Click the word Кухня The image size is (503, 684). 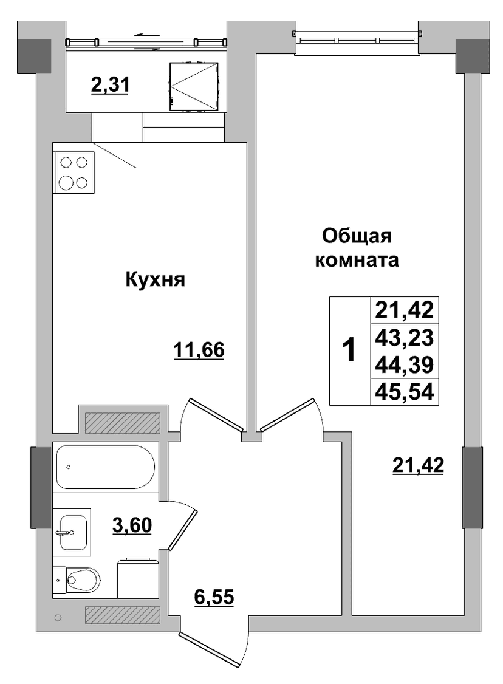tap(156, 279)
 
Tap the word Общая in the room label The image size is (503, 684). tap(357, 237)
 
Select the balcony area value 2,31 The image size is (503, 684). tap(110, 84)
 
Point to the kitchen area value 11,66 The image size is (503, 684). tap(199, 350)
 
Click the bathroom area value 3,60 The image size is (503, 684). tap(132, 525)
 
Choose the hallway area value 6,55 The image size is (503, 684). tap(214, 597)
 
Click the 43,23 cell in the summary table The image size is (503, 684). tap(405, 337)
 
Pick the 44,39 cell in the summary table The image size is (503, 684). tap(405, 364)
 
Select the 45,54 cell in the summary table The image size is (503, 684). tap(405, 391)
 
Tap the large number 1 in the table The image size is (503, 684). tap(349, 351)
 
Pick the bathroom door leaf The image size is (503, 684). tap(183, 529)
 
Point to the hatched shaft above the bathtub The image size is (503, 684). tap(123, 422)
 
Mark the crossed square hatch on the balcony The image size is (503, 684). tap(193, 87)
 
